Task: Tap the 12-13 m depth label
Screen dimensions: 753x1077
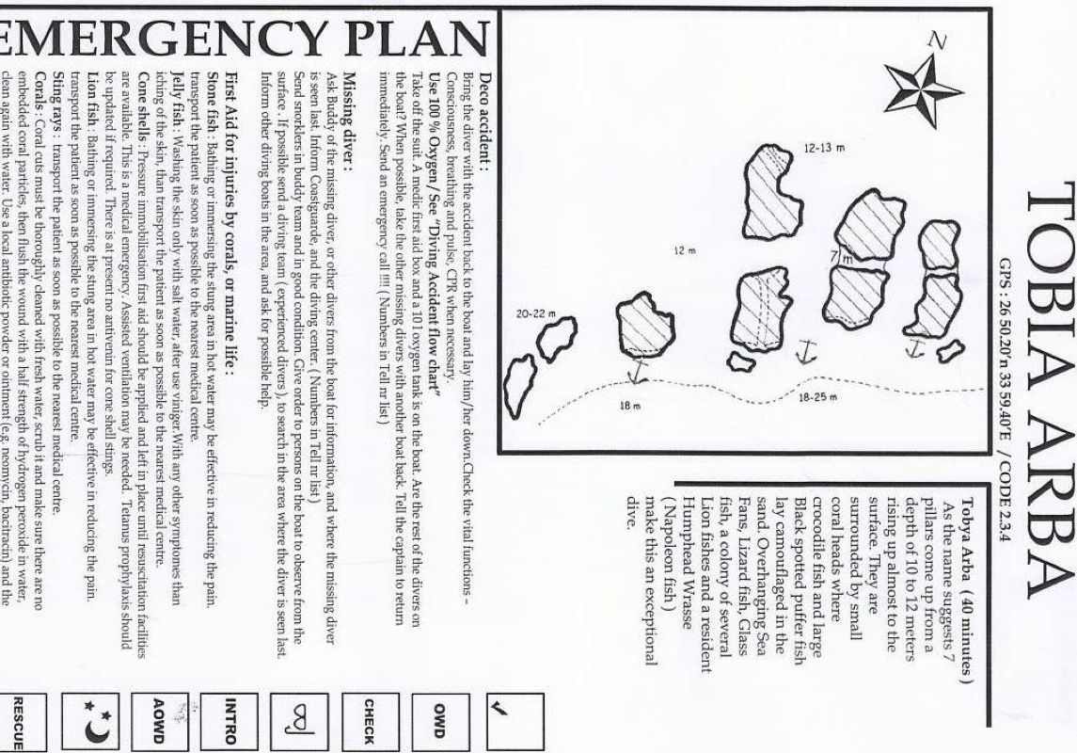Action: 825,148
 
